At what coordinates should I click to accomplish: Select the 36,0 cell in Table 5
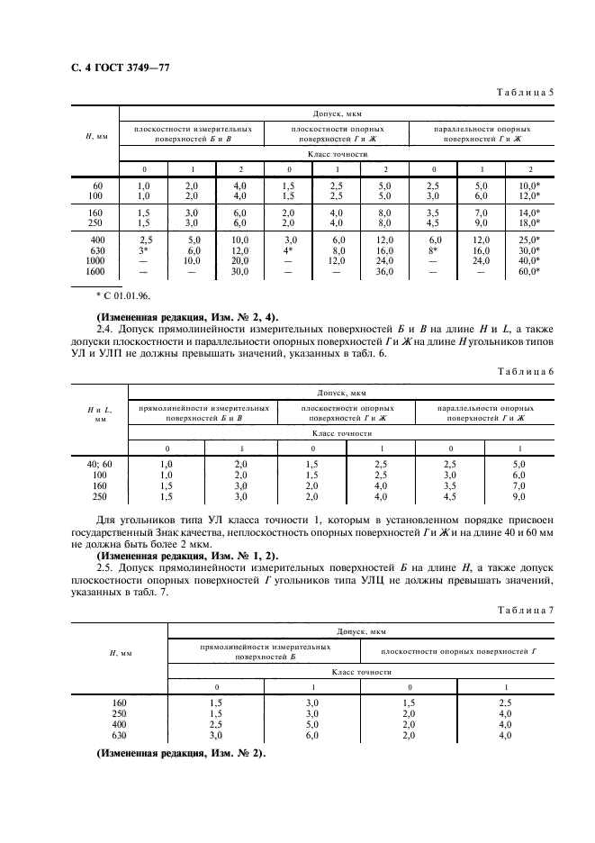click(x=384, y=271)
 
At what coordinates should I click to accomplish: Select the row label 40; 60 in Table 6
click(x=95, y=463)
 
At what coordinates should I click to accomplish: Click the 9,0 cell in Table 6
click(x=491, y=495)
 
